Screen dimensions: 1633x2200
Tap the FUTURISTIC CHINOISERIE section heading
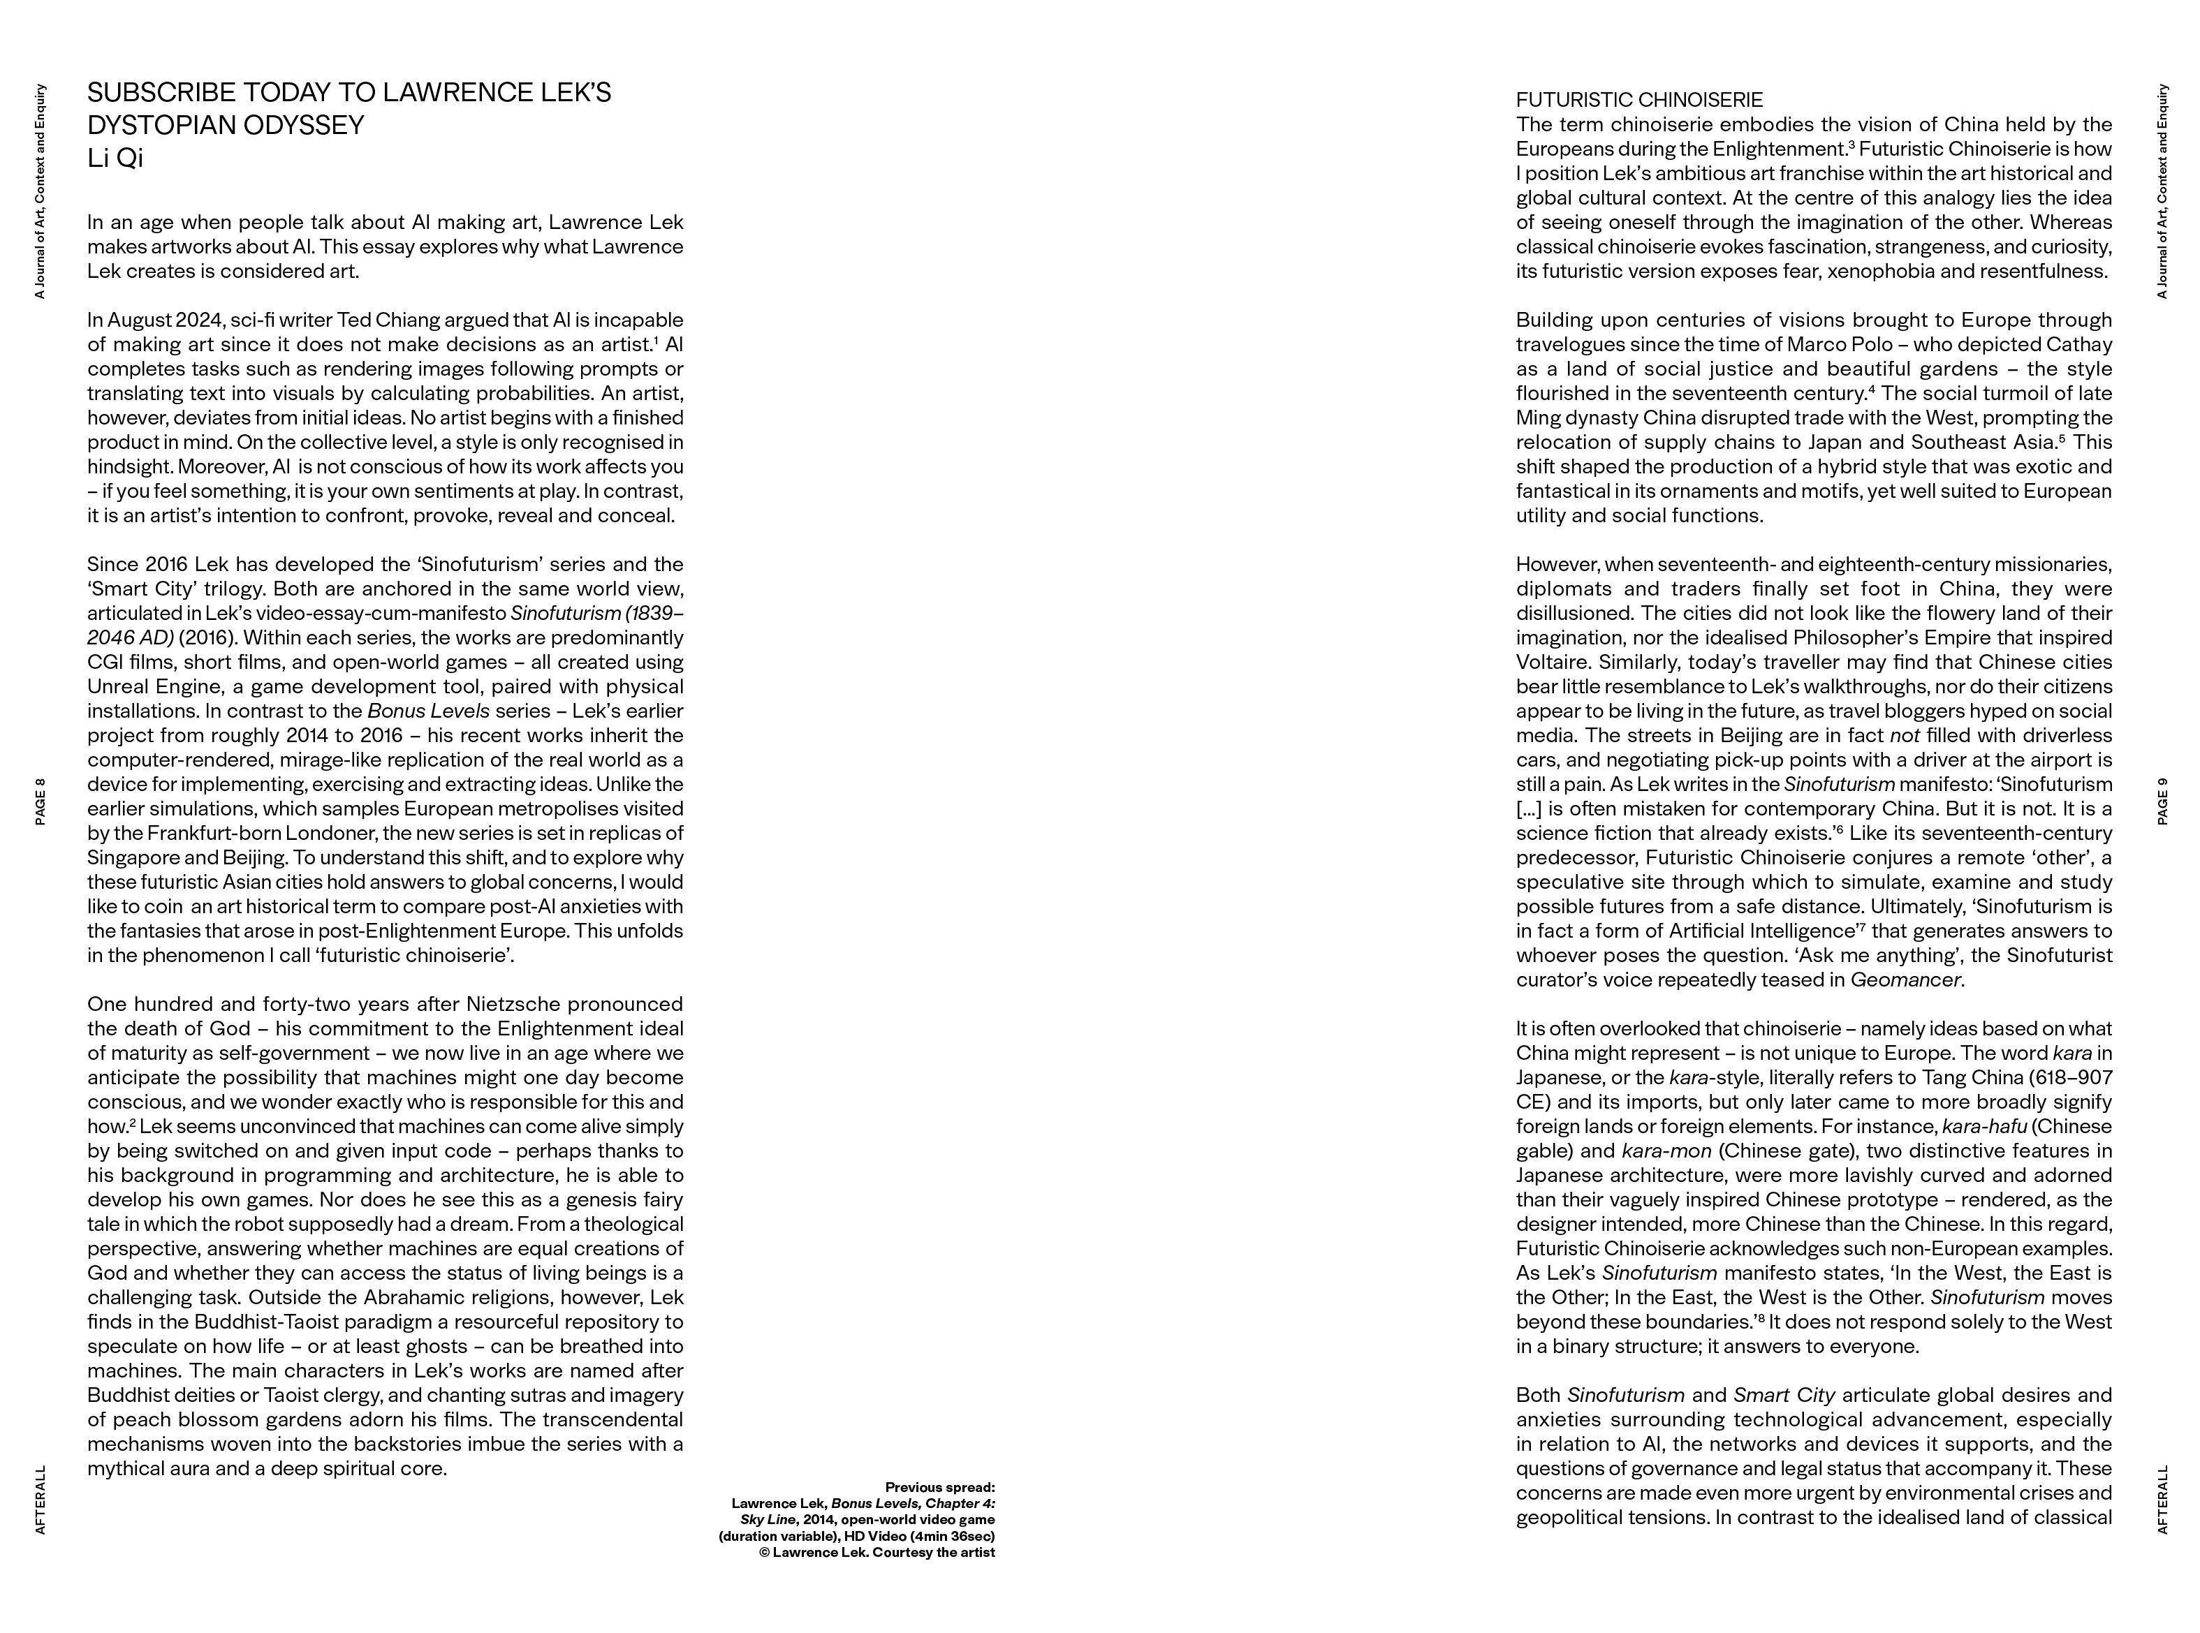(1638, 100)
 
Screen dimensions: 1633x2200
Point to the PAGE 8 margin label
(41, 801)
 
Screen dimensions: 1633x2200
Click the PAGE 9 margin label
(2162, 801)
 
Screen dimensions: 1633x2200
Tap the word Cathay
(2078, 345)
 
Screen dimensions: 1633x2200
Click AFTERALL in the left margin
(41, 1500)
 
